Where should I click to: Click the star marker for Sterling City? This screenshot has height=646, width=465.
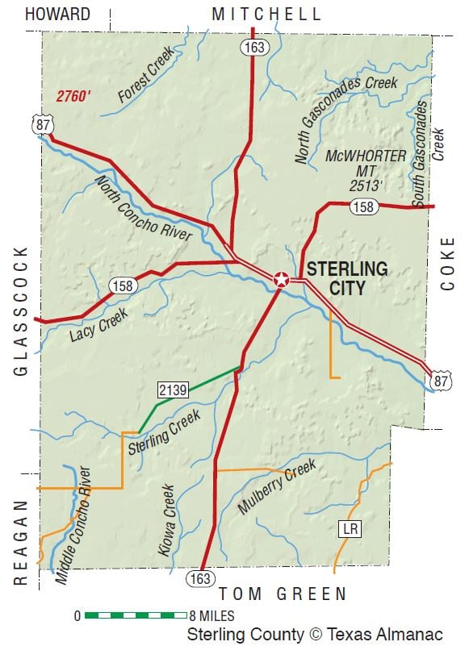[x=281, y=280]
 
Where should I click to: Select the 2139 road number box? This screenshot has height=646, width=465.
[x=173, y=390]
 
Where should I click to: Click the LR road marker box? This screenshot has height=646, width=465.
[x=349, y=529]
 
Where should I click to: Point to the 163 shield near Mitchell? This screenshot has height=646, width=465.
[x=253, y=48]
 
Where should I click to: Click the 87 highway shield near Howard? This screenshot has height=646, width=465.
[x=42, y=123]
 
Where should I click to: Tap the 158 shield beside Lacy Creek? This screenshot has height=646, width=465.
[x=121, y=285]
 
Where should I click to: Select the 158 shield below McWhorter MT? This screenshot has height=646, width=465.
[x=362, y=208]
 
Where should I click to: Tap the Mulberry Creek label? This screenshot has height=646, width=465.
[x=277, y=487]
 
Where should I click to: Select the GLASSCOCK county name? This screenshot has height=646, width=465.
[x=21, y=310]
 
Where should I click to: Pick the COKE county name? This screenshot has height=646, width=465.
[x=448, y=263]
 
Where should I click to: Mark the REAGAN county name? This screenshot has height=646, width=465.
[x=21, y=540]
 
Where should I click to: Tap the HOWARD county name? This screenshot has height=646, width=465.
[x=57, y=14]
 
